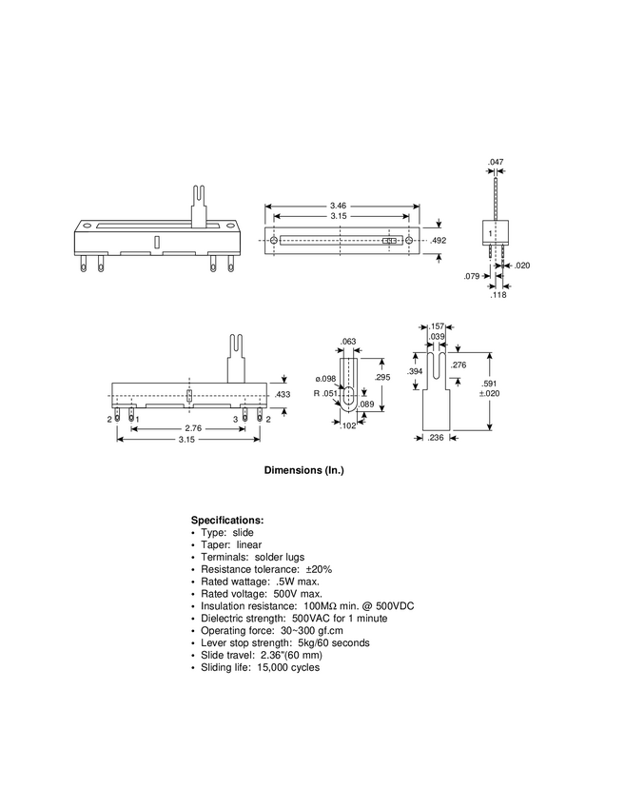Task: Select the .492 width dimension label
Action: (439, 242)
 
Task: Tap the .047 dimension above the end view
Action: (496, 163)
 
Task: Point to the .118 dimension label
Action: (498, 295)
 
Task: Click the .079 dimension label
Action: (471, 277)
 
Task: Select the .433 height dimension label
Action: (283, 394)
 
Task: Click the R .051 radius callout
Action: (325, 393)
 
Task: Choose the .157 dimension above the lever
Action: (438, 326)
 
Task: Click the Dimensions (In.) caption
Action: (303, 471)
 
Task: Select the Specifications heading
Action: (227, 521)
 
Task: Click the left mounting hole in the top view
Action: (275, 242)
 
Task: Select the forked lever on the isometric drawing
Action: (200, 204)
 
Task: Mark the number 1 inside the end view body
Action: (490, 233)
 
